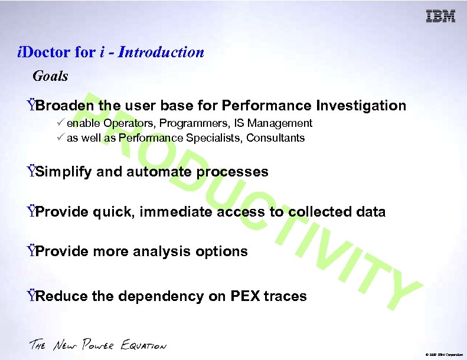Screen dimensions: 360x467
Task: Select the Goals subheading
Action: (x=50, y=76)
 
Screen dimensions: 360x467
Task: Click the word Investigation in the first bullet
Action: (x=361, y=106)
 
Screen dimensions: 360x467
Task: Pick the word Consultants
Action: (x=276, y=138)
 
